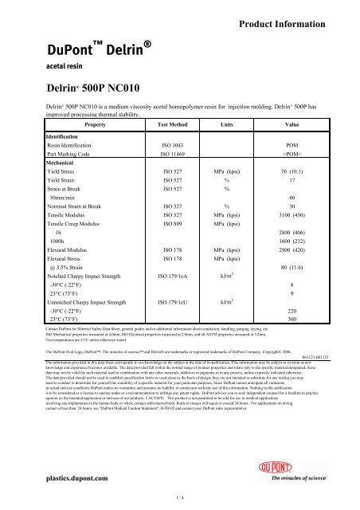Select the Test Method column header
pyautogui.click(x=174, y=125)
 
